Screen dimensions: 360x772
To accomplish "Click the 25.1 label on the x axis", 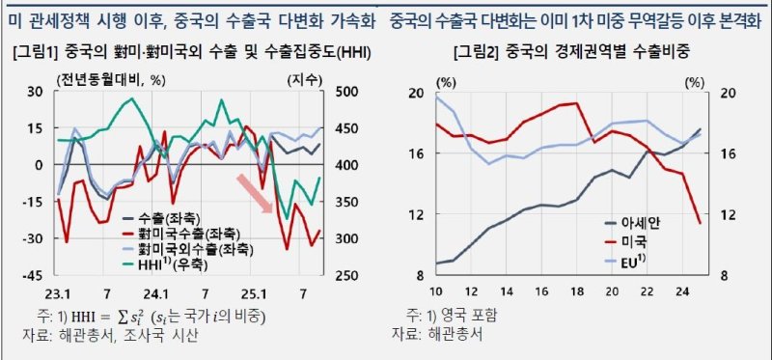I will [x=256, y=292].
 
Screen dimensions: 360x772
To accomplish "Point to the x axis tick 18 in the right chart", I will [x=576, y=292].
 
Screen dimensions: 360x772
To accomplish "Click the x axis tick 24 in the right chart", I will [x=681, y=292].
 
